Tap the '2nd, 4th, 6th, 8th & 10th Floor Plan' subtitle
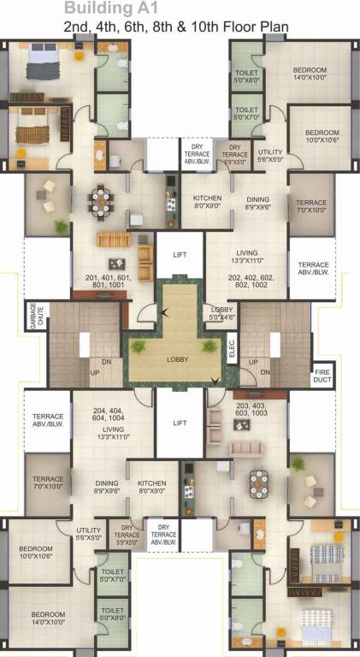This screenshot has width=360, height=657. [x=175, y=27]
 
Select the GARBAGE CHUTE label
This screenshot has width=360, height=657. [x=34, y=315]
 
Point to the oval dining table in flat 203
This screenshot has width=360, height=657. [x=258, y=481]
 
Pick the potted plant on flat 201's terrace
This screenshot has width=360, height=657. [x=60, y=227]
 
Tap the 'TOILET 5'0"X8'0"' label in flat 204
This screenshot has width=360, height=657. [x=112, y=614]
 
